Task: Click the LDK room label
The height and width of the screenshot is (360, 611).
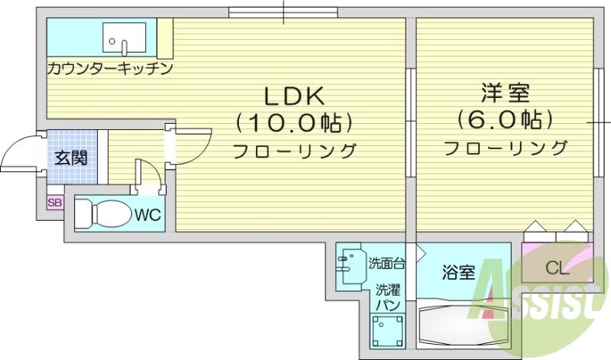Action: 295,96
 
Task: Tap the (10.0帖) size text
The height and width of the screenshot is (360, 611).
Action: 295,122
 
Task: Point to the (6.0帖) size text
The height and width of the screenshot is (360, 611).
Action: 505,119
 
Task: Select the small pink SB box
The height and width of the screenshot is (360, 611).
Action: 54,203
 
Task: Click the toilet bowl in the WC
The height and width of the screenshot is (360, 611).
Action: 103,213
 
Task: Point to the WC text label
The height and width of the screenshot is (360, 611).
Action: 148,215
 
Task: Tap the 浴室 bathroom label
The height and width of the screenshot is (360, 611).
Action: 459,272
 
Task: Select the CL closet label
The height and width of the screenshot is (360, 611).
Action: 556,268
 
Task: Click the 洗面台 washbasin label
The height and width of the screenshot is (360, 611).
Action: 386,264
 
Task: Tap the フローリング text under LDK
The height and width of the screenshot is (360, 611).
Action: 295,151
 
